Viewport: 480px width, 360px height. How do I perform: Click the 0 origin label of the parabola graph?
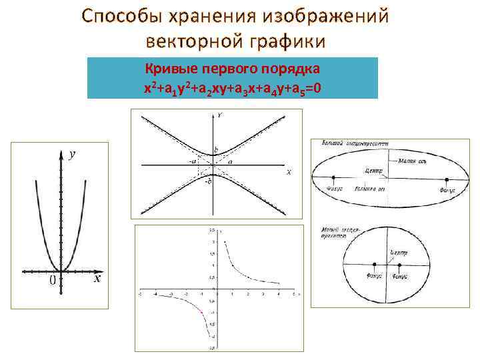point(51,281)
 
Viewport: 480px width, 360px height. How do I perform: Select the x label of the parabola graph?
point(97,279)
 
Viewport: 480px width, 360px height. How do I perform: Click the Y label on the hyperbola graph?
point(219,115)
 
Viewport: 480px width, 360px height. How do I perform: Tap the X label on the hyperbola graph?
point(289,172)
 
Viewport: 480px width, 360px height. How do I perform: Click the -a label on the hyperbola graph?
point(193,161)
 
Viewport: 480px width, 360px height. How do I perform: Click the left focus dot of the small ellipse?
point(374,263)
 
